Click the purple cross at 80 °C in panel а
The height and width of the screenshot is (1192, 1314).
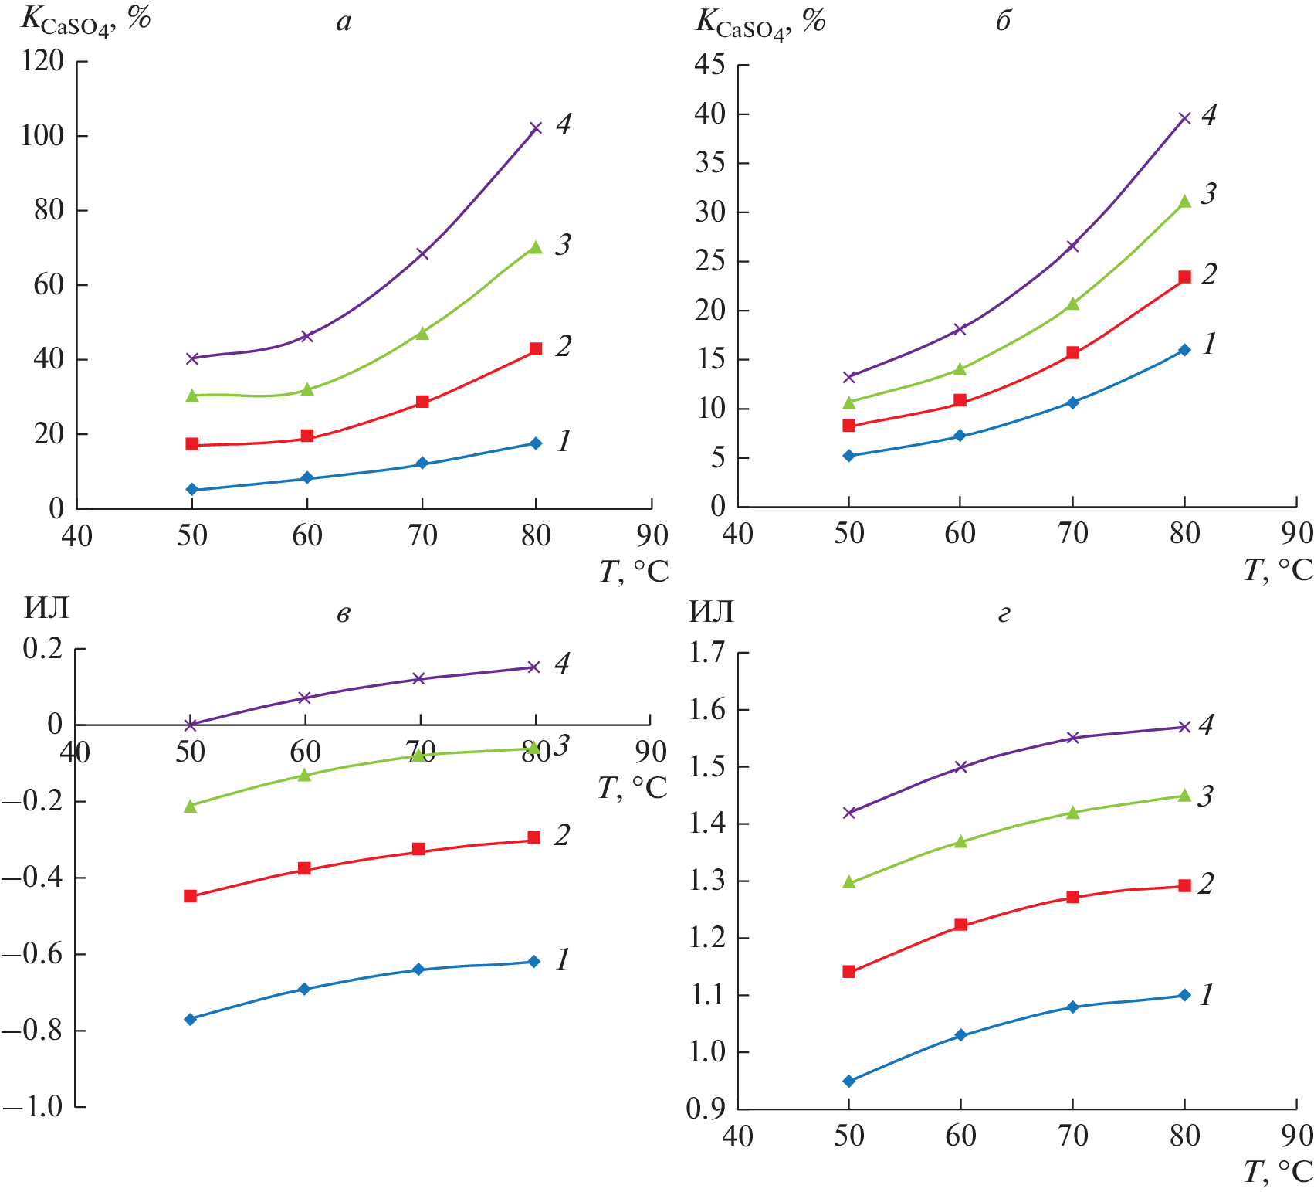coord(536,127)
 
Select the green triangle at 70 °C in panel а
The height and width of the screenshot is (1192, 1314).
coord(422,333)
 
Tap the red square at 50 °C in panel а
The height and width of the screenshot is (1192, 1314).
coord(192,444)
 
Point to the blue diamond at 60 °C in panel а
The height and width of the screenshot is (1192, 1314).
coord(307,478)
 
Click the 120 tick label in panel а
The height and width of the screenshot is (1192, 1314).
coord(42,60)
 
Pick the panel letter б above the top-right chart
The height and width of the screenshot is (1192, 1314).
coord(1003,22)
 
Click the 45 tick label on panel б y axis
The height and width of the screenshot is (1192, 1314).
coord(709,64)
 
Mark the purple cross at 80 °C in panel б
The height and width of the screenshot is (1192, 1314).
coord(1184,118)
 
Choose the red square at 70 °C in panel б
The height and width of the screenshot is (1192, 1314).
coord(1072,353)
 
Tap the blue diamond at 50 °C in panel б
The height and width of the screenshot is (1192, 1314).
coord(849,456)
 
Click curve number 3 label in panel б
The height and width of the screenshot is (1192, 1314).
coord(1208,193)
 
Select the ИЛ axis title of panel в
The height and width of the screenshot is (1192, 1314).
coord(46,609)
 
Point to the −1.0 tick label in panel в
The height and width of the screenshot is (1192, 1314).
coord(32,1106)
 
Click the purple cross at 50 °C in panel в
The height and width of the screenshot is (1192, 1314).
coord(191,725)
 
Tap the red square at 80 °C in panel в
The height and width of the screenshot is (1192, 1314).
coord(533,838)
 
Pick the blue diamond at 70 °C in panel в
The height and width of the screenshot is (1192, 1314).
coord(418,970)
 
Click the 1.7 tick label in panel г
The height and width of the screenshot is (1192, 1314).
coord(707,653)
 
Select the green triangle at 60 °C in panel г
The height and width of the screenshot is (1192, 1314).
coord(960,841)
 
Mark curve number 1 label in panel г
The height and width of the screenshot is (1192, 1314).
coord(1206,995)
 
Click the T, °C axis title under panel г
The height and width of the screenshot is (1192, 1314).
coord(1278,1173)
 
